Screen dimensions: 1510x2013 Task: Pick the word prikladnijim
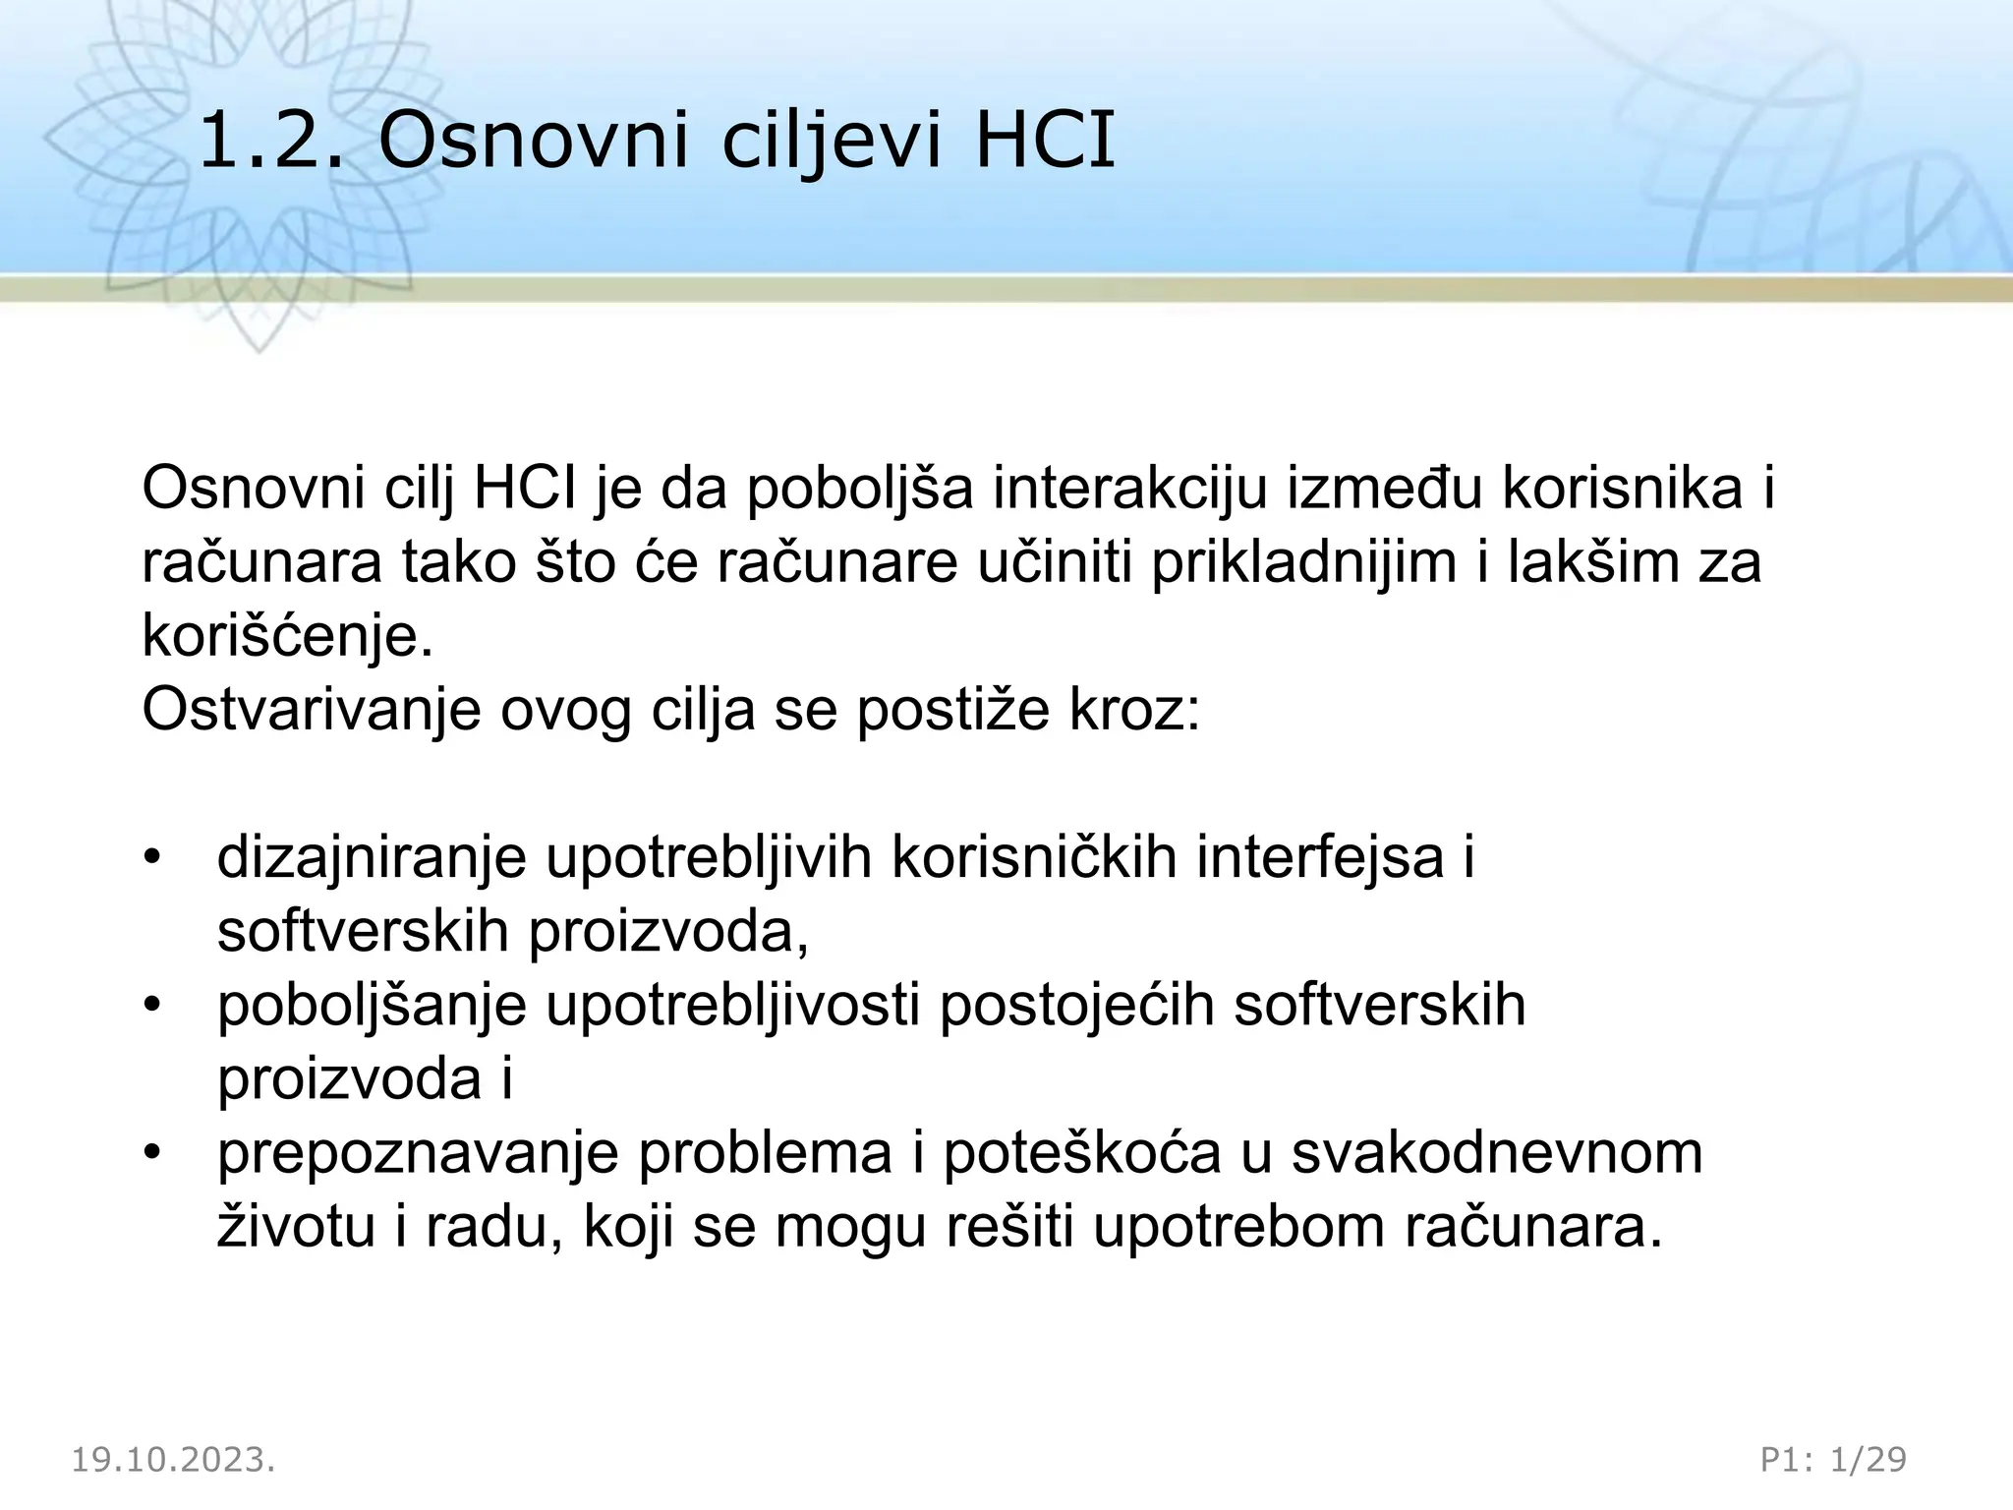[1303, 562]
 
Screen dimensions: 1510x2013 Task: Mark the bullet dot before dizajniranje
[151, 857]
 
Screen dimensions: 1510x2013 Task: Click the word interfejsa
[1320, 857]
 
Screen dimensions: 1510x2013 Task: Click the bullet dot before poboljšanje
[151, 1005]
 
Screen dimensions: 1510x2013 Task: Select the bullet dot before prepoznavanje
[151, 1152]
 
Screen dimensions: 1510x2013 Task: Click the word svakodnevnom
[1497, 1152]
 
